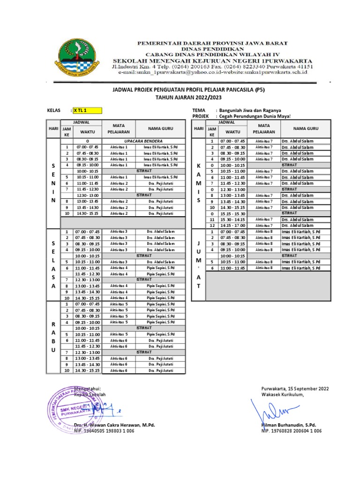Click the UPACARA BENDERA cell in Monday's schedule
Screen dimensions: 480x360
coord(143,141)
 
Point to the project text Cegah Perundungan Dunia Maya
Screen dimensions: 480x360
coord(253,116)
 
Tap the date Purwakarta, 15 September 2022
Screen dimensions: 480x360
coord(295,389)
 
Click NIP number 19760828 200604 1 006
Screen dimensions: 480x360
coord(291,430)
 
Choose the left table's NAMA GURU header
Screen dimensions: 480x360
coord(160,128)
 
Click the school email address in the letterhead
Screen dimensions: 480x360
coord(212,73)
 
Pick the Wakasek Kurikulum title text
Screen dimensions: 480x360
coord(283,395)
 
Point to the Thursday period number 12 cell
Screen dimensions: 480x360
coord(211,225)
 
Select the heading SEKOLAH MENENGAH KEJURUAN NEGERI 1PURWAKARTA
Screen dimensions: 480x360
coord(209,60)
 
